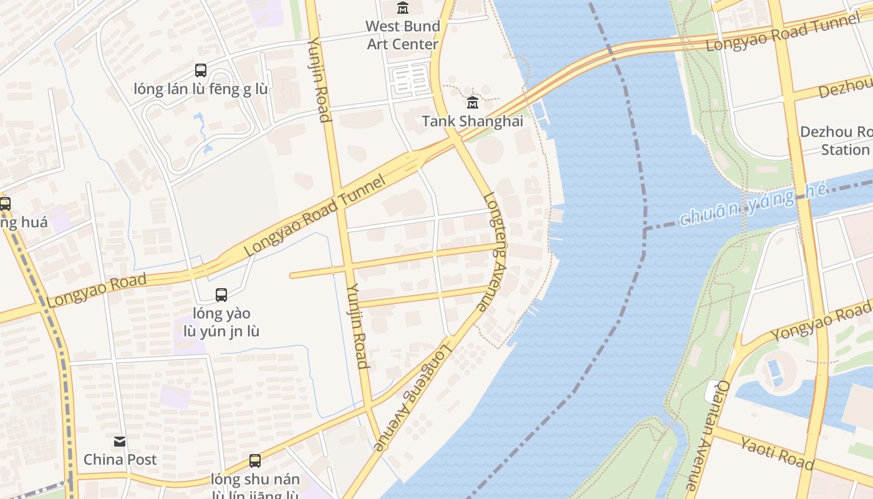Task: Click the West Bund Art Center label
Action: tap(403, 35)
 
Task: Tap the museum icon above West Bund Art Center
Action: tap(403, 8)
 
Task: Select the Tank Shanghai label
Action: tap(472, 121)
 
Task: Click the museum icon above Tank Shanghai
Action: tap(472, 102)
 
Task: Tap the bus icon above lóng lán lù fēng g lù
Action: tap(200, 70)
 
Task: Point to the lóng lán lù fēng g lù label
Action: tap(200, 89)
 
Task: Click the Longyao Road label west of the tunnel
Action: tap(97, 289)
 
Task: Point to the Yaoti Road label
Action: tap(777, 452)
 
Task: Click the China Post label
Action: tap(120, 460)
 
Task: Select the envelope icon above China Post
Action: tap(120, 442)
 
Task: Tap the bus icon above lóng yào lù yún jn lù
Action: tap(221, 294)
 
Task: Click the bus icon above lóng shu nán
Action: tap(254, 461)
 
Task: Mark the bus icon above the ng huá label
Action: tap(5, 203)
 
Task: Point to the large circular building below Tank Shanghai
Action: tap(489, 150)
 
